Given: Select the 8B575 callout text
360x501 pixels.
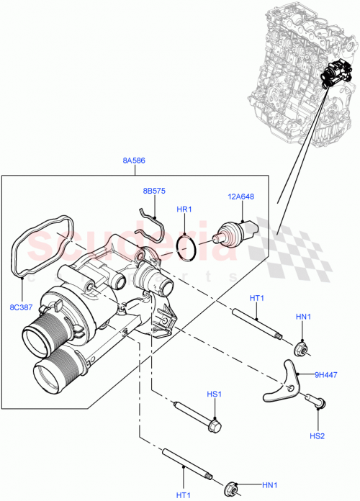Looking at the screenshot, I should tap(153, 191).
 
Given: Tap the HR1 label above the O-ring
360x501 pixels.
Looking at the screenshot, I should tap(184, 209).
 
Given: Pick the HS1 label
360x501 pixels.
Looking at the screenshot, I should tap(213, 394).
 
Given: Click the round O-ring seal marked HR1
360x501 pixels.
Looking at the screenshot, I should tap(186, 249).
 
